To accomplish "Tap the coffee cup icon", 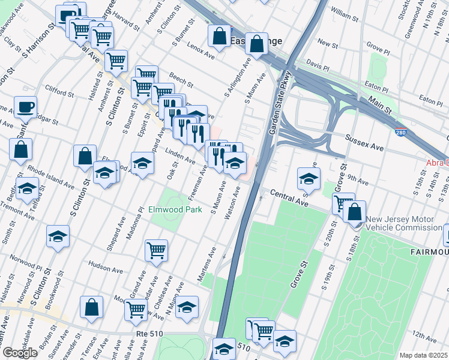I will [25, 107].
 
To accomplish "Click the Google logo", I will [20, 353].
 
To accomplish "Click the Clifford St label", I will [59, 92].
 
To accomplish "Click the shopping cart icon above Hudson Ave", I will [156, 250].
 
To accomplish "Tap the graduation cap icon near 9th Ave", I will [309, 178].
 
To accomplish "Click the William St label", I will [343, 12].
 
